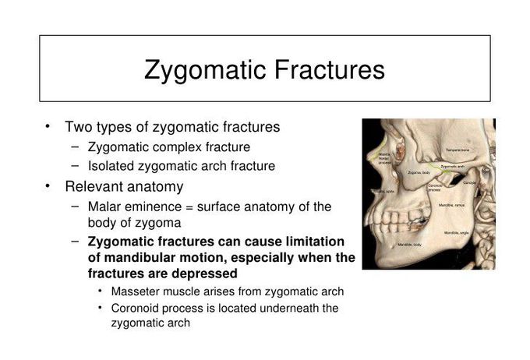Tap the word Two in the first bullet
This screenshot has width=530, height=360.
coord(79,126)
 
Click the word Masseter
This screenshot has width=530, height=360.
coord(135,291)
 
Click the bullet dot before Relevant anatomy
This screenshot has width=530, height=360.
coord(48,186)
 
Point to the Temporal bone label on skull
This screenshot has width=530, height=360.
coord(457,150)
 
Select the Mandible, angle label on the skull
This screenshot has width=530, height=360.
coord(458,233)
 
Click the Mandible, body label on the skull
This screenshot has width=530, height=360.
coord(410,244)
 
